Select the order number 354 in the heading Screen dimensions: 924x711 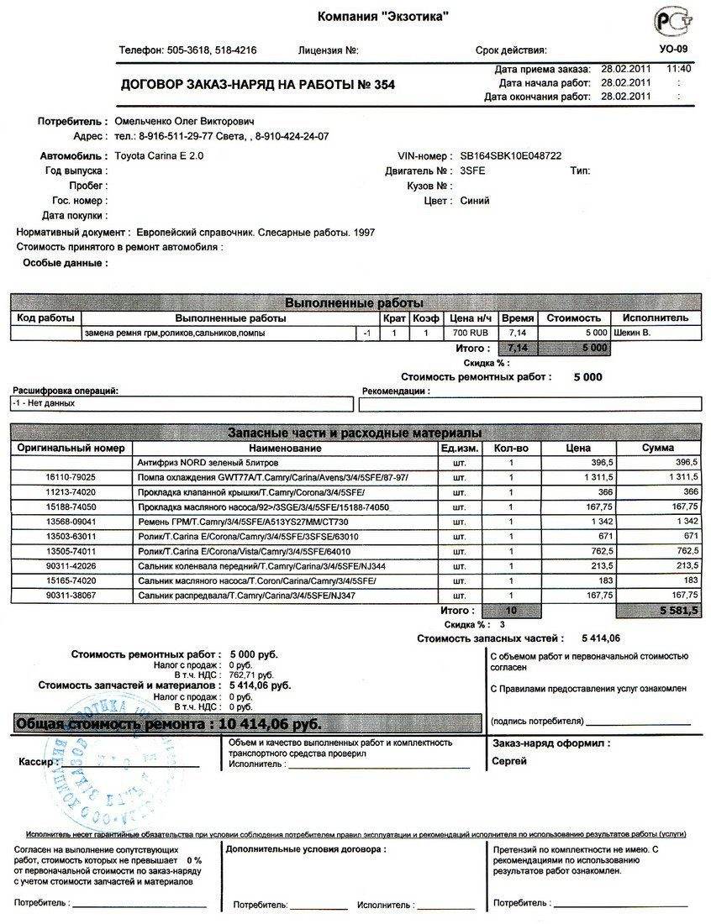pyautogui.click(x=383, y=85)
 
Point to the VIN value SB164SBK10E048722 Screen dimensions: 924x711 pyautogui.click(x=511, y=156)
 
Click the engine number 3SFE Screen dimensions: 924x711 pyautogui.click(x=473, y=171)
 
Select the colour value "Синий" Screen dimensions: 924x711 pyautogui.click(x=475, y=202)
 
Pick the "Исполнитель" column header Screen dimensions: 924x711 pyautogui.click(x=656, y=318)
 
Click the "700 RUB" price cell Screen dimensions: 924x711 pyautogui.click(x=468, y=333)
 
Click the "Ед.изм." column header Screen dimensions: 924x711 pyautogui.click(x=459, y=449)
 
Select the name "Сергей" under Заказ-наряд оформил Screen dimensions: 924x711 pyautogui.click(x=508, y=761)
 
